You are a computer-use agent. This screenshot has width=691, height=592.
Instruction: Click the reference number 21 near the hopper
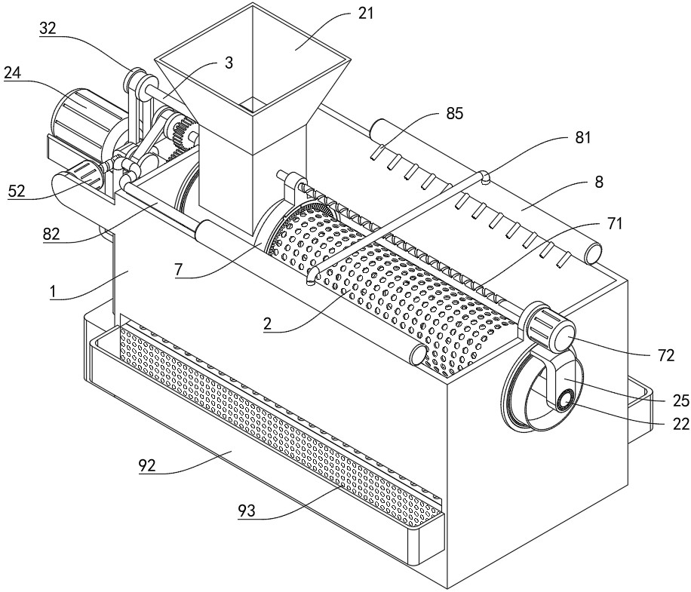coord(365,14)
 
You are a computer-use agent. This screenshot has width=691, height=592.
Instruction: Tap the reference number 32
coord(48,28)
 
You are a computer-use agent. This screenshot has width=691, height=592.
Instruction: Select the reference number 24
coord(12,72)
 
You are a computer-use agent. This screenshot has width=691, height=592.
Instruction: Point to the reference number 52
coord(17,191)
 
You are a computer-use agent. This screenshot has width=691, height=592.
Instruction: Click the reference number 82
coord(51,234)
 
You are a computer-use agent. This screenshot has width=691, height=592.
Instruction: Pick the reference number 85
coord(454,114)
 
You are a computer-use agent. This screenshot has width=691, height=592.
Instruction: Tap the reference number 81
coord(582,138)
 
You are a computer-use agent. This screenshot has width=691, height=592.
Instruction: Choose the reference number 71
coord(614,223)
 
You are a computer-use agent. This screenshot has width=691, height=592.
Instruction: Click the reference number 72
coord(665,355)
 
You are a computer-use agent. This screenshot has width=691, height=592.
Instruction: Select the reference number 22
coord(681,424)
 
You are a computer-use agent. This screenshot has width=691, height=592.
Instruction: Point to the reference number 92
coord(147,465)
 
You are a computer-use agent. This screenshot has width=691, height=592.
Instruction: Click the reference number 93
coord(247,511)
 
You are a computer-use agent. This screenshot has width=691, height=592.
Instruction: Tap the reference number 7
coord(178,269)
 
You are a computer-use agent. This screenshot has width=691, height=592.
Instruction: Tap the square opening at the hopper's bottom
coord(253,105)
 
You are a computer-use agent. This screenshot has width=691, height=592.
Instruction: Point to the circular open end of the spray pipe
coord(593,253)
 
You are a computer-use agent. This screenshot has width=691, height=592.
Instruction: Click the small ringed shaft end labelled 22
coord(564,401)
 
